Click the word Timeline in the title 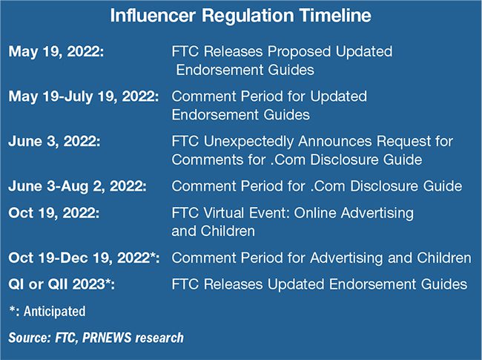(335, 16)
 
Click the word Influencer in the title (153, 16)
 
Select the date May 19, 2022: (56, 51)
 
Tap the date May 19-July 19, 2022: (84, 96)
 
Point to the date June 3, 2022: (54, 142)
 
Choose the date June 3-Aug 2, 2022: (78, 186)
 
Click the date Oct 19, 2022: (54, 213)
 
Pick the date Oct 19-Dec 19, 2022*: (85, 258)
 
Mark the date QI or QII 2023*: (62, 284)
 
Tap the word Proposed (299, 52)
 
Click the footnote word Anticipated (55, 312)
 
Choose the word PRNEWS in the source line (107, 338)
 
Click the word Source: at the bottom (30, 338)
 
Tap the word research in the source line (159, 338)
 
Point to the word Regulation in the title (248, 16)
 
